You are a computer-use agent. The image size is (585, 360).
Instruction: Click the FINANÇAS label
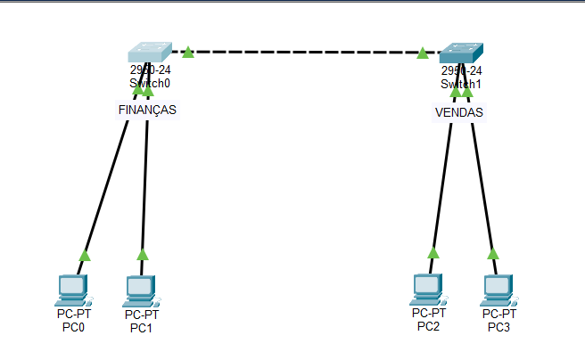(x=147, y=110)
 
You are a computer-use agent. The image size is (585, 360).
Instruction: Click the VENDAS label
(x=458, y=113)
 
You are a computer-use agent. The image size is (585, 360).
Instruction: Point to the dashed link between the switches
(x=303, y=53)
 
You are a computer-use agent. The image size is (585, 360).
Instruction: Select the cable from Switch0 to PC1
(x=144, y=178)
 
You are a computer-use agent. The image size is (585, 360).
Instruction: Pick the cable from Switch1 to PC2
(x=442, y=178)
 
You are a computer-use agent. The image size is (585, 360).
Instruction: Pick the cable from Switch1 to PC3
(x=482, y=178)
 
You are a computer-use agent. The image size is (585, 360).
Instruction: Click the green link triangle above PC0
(x=85, y=256)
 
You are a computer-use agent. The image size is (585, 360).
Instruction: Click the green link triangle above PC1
(x=143, y=255)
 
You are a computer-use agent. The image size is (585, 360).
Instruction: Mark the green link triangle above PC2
(x=433, y=252)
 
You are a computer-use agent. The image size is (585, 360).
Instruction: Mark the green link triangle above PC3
(x=493, y=253)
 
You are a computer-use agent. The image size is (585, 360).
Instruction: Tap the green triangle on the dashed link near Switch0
(x=188, y=53)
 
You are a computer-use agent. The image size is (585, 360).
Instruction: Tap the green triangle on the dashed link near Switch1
(x=422, y=53)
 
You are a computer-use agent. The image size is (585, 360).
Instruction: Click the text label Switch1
(x=461, y=84)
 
